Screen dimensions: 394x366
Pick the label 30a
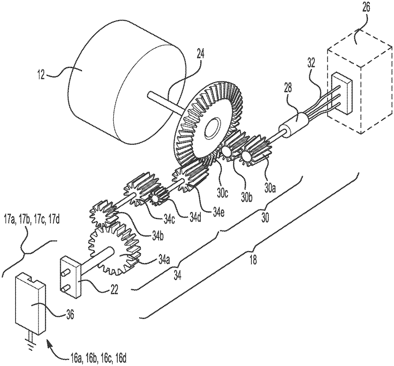[270, 188]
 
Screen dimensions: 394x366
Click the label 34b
[158, 236]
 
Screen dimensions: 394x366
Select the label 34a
[164, 260]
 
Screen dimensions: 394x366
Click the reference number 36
[69, 314]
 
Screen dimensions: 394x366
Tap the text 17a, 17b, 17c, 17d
[31, 220]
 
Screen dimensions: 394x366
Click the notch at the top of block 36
[33, 280]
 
